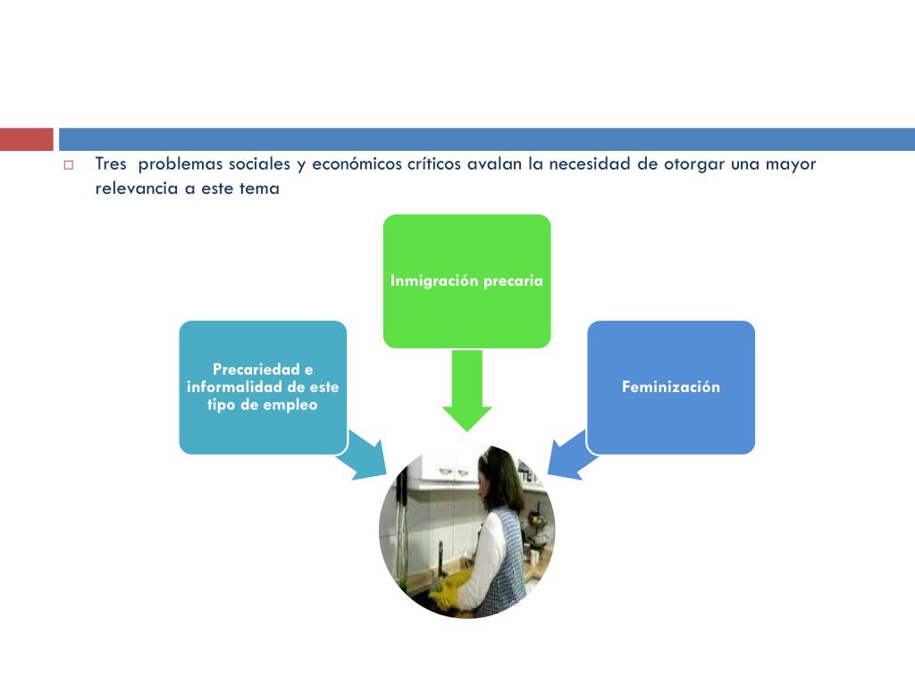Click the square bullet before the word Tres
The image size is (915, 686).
68,165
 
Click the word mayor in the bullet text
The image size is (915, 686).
793,164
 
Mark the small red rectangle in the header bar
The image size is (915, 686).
26,139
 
